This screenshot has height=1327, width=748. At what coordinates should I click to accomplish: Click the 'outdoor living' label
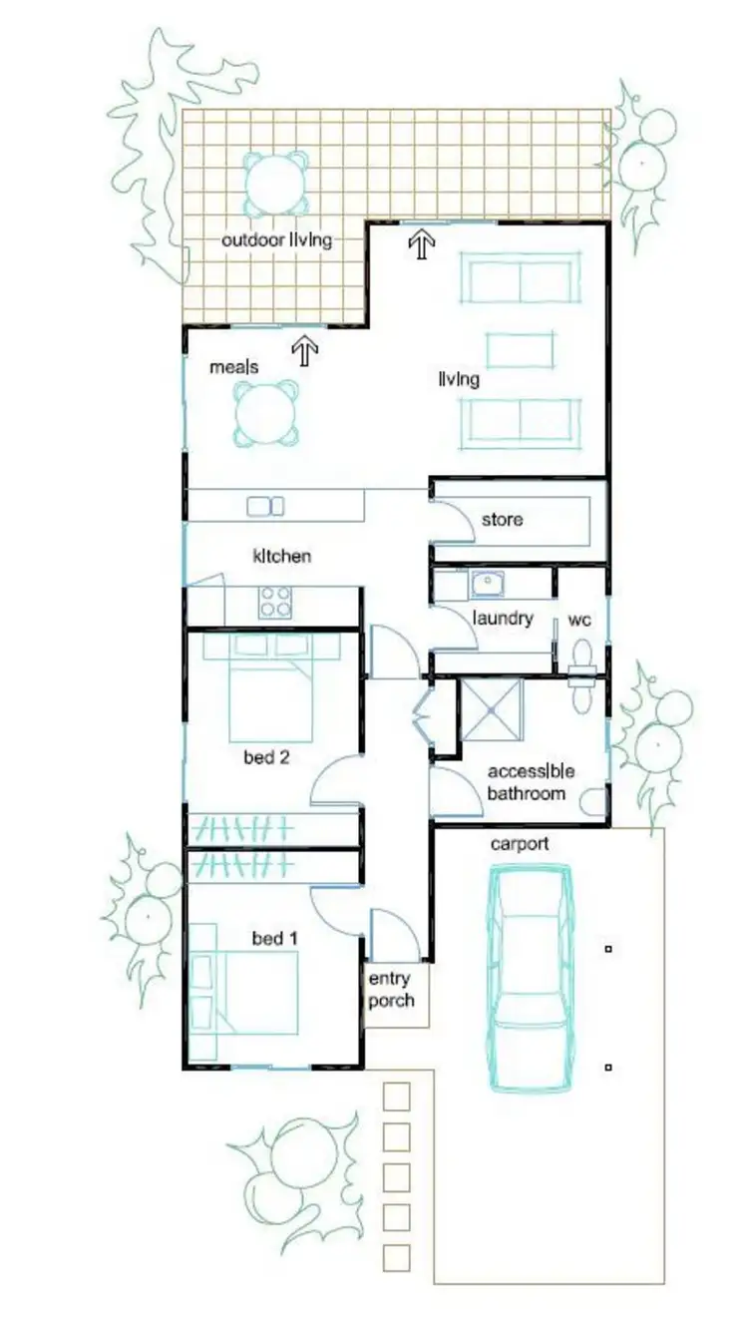276,240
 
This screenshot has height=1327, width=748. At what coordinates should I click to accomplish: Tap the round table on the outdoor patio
276,183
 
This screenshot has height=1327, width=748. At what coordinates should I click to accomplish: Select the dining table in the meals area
266,412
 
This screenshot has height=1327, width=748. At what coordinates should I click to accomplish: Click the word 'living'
459,380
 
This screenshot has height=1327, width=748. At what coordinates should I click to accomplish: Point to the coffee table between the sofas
520,350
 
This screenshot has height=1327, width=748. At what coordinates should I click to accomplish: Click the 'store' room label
502,520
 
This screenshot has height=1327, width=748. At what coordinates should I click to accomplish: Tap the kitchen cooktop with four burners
275,602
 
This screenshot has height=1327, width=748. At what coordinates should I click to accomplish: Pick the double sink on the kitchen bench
265,506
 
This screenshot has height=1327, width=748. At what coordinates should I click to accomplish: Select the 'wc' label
579,621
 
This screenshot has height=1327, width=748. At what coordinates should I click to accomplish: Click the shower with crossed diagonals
491,711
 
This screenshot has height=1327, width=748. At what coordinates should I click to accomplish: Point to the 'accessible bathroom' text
531,782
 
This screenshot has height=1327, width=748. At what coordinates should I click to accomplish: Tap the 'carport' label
519,844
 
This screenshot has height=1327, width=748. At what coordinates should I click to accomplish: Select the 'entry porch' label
391,990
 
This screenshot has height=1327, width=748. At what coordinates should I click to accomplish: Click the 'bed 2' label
266,757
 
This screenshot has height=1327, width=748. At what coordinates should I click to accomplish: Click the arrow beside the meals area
304,349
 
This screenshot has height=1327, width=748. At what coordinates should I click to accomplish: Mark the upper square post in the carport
608,949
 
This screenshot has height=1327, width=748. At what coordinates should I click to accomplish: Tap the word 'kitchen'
281,556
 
